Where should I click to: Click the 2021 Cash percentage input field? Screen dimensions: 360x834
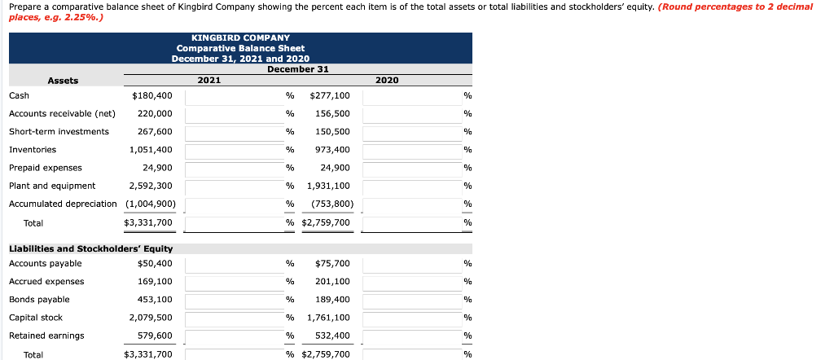point(232,95)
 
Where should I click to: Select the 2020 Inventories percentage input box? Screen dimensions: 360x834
point(410,150)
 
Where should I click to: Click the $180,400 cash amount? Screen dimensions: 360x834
point(151,95)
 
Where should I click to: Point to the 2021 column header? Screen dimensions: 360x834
point(209,81)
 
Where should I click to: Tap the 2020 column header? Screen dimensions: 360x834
point(387,81)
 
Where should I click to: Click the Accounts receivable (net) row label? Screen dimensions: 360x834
point(62,113)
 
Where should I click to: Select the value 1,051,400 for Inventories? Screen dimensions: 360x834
point(151,150)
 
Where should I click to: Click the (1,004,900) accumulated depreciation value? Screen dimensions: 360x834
point(147,204)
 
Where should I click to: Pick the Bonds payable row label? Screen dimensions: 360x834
point(39,300)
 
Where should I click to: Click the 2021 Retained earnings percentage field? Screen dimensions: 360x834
point(232,336)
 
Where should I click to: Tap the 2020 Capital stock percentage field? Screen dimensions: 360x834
point(410,318)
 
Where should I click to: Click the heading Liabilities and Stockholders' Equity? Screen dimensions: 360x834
point(90,248)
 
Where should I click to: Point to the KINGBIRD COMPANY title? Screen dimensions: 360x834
point(240,37)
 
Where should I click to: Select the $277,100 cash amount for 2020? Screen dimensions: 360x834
point(330,95)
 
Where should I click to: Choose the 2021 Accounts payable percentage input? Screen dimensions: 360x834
point(232,264)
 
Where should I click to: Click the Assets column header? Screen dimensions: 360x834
point(63,81)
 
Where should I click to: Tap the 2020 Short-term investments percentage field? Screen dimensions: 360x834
point(410,132)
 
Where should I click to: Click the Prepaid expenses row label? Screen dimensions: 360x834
point(46,168)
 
